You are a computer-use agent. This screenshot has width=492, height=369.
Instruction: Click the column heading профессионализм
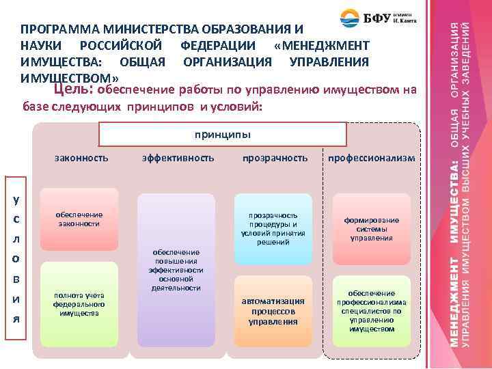point(371,158)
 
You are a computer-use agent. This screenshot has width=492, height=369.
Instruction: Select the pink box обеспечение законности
point(79,219)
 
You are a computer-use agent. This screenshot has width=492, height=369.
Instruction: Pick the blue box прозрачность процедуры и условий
point(273,229)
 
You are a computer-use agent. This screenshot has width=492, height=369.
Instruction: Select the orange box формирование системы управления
point(371,229)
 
